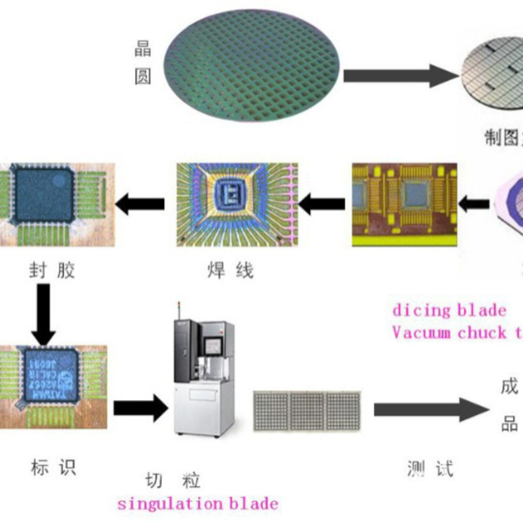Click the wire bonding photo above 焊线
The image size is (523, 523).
coord(237,204)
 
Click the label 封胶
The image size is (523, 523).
coord(52,270)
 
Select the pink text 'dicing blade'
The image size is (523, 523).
coord(449,310)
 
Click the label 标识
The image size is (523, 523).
coord(54,467)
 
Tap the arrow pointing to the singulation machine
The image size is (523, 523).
coord(140,408)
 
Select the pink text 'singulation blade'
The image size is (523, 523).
coord(197,504)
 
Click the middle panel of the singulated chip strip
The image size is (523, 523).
coord(307,411)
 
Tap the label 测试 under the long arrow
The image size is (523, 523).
coord(429,468)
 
